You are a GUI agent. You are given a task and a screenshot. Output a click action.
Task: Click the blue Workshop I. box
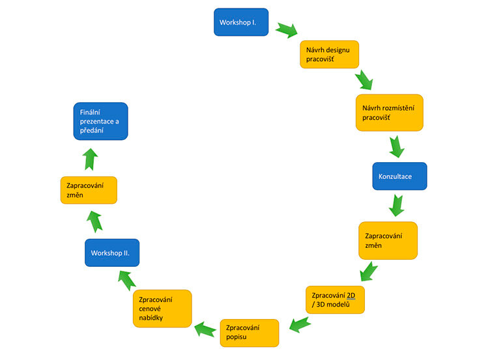(x=241, y=22)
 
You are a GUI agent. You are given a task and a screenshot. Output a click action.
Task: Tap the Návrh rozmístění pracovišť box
(x=390, y=112)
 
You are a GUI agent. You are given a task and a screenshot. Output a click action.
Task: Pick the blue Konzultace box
(x=399, y=176)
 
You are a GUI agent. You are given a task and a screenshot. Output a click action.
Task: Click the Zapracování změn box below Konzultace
(x=388, y=240)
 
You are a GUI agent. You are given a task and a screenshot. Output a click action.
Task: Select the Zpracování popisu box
(x=250, y=333)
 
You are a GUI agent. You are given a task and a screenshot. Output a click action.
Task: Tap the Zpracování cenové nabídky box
(x=162, y=309)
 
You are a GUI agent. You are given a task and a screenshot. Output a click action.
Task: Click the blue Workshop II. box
(x=111, y=253)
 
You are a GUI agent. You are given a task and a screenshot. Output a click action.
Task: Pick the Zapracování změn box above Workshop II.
(x=88, y=189)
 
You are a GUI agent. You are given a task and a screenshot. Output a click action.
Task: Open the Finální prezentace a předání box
(x=100, y=121)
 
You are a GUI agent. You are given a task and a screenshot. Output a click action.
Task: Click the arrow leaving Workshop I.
(x=286, y=30)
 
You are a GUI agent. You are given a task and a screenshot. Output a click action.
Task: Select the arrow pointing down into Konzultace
(x=395, y=146)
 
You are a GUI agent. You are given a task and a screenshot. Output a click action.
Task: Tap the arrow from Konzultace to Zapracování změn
(x=396, y=206)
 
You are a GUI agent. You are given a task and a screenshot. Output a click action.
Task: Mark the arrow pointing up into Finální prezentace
(x=91, y=158)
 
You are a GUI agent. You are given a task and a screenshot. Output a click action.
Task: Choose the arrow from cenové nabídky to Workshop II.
(x=126, y=279)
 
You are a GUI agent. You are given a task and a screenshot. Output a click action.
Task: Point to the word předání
(x=92, y=131)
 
